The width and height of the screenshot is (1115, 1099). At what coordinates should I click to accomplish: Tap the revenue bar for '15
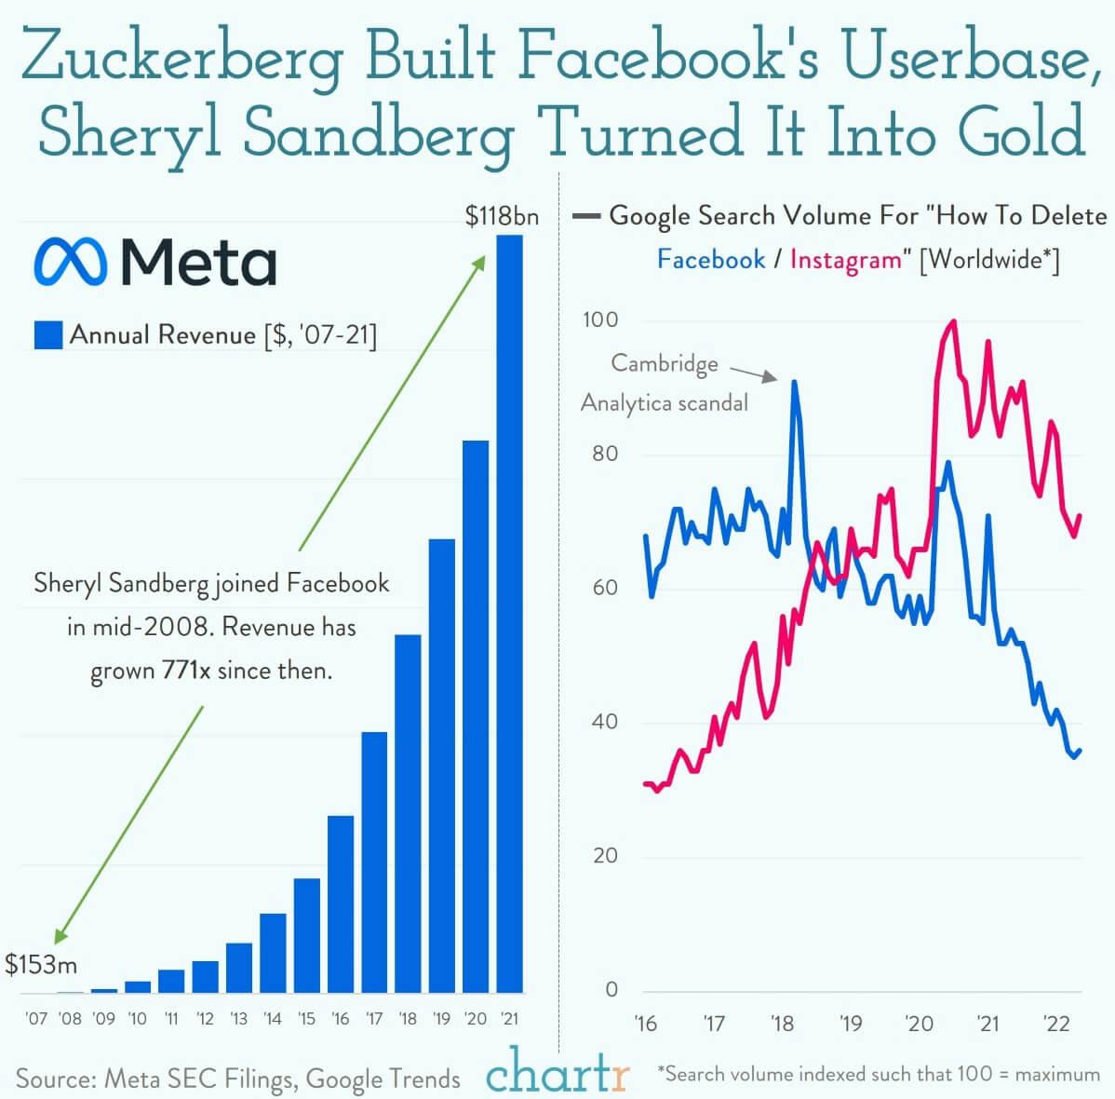coord(306,935)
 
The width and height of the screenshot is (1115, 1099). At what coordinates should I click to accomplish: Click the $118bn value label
coord(502,216)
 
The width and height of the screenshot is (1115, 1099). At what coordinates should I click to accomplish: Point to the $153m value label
coord(41,964)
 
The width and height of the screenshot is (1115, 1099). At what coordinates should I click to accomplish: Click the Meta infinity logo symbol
coord(72,262)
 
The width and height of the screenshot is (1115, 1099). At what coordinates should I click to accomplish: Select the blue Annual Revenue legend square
coord(47,335)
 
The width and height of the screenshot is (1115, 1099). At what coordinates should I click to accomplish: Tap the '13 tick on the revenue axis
coord(238,1019)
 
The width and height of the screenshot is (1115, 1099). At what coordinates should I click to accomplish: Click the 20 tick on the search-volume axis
coord(605,856)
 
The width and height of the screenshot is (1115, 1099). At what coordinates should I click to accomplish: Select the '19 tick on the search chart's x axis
coord(851,1024)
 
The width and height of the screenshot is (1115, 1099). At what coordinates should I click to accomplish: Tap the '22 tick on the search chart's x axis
coord(1057,1024)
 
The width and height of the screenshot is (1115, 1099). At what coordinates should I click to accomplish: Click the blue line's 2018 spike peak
coord(795,381)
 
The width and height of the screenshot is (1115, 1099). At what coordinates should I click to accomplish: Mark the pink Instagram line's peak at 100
coord(952,322)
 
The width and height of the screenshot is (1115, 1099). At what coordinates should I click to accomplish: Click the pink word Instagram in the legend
coord(845,259)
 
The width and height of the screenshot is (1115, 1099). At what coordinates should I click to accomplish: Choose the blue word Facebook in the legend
coord(711,259)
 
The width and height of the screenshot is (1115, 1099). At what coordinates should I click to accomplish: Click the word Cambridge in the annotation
coord(665,363)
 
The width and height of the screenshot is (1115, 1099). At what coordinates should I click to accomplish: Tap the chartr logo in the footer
coord(557,1073)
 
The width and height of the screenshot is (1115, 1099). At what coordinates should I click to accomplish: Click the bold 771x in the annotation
coord(186,671)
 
